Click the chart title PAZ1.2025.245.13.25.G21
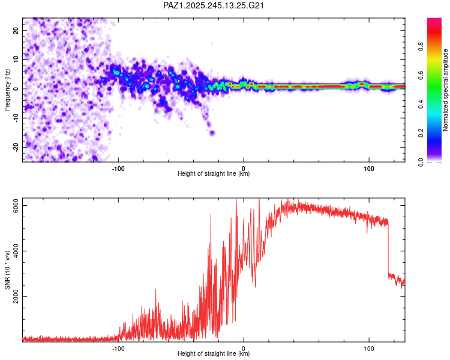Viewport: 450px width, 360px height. (213, 5)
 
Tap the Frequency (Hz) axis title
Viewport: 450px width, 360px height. (7, 90)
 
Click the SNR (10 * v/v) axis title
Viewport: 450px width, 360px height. (7, 270)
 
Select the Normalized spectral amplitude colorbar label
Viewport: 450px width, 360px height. (445, 90)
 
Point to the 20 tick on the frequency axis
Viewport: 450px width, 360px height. (16, 31)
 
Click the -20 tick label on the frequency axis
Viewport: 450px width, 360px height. (16, 148)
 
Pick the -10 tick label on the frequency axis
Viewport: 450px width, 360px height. (16, 118)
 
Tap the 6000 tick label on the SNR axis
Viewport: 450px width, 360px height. (16, 206)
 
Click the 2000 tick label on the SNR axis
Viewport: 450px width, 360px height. (16, 296)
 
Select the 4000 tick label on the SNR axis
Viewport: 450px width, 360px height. (16, 251)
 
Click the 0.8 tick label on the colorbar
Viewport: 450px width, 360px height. (421, 46)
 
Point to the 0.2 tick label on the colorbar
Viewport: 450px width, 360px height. (421, 133)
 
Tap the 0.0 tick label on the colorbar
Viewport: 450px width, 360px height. (421, 162)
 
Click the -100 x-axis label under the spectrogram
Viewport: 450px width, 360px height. (118, 169)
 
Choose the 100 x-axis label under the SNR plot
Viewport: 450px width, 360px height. (369, 349)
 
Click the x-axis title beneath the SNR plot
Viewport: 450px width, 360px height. (214, 353)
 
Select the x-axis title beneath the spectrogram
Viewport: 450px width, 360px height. (214, 173)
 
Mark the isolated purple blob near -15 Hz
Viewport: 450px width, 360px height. (212, 133)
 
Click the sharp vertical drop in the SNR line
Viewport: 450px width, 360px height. (388, 247)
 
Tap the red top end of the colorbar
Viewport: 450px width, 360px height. (434, 20)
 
